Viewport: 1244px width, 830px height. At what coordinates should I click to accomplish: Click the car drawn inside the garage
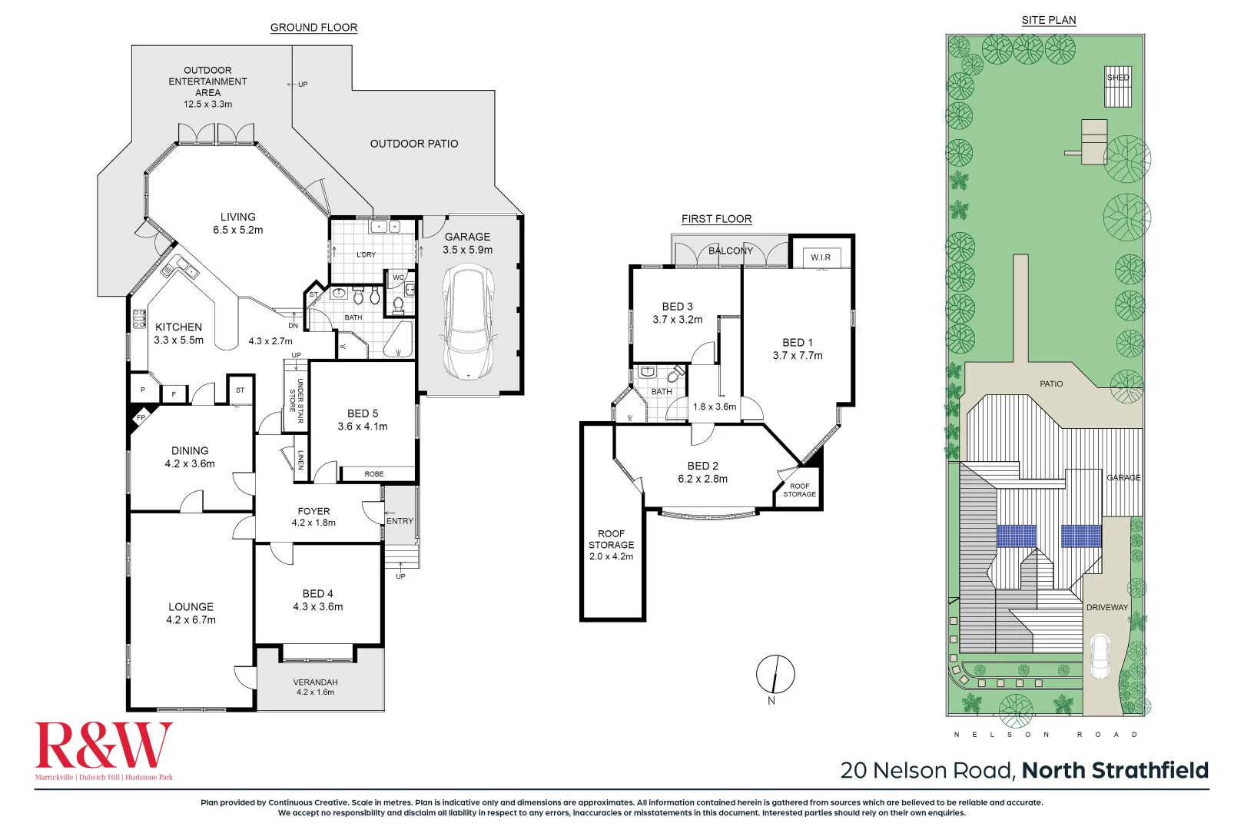pyautogui.click(x=467, y=321)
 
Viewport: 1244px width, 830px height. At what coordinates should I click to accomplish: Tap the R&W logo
pyautogui.click(x=104, y=746)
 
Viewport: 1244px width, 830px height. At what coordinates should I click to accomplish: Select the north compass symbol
pyautogui.click(x=775, y=675)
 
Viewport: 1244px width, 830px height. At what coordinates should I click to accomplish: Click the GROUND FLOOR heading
pyautogui.click(x=313, y=28)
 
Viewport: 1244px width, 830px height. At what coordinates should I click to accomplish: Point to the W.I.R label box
pyautogui.click(x=821, y=257)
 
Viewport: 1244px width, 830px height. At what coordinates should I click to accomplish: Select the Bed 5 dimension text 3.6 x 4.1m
pyautogui.click(x=363, y=427)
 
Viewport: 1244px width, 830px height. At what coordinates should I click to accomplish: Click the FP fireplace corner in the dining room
pyautogui.click(x=141, y=418)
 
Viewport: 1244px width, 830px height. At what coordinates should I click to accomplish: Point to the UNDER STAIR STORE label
pyautogui.click(x=296, y=400)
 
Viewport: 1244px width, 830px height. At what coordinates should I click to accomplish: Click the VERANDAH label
pyautogui.click(x=315, y=682)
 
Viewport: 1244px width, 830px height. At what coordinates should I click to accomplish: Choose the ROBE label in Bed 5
pyautogui.click(x=374, y=474)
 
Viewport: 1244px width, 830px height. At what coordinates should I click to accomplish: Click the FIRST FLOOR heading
pyautogui.click(x=716, y=219)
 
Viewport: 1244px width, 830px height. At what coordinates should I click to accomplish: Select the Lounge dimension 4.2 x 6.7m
pyautogui.click(x=191, y=620)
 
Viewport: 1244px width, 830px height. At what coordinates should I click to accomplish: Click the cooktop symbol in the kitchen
pyautogui.click(x=139, y=318)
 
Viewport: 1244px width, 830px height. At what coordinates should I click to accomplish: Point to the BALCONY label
pyautogui.click(x=730, y=251)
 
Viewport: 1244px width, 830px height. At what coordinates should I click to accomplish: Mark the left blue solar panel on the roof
pyautogui.click(x=1017, y=536)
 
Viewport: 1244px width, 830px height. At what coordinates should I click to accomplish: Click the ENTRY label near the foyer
pyautogui.click(x=400, y=521)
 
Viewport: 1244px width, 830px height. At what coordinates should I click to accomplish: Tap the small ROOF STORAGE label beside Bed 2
pyautogui.click(x=799, y=490)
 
